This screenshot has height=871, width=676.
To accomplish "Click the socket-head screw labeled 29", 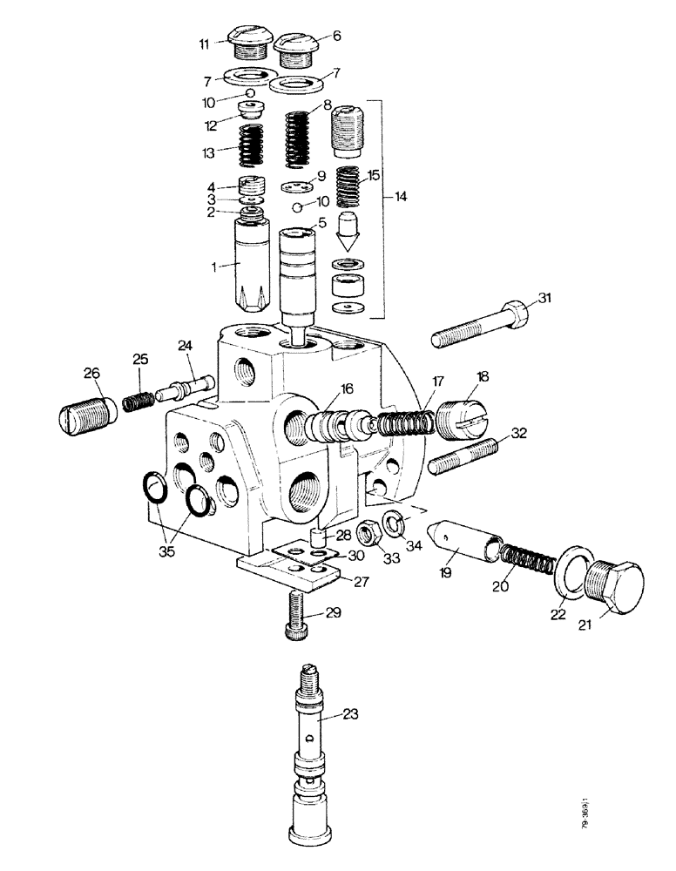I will (x=294, y=615).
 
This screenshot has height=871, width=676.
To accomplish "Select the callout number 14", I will (x=400, y=197).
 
